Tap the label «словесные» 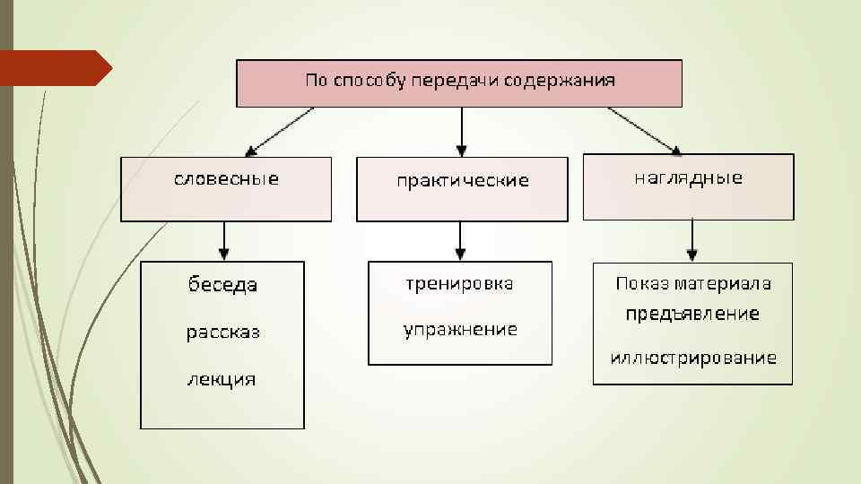pos(226,179)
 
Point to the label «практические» pos(463,181)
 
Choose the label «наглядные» pos(688,177)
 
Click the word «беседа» pos(222,285)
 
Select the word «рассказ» pos(222,333)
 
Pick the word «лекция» pos(221,379)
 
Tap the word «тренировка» pos(459,284)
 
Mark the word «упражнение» pos(460,330)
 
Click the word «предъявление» pos(692,314)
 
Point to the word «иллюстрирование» pos(693,359)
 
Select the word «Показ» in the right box pos(640,284)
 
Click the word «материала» pos(726,284)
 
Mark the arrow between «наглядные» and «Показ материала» pos(692,240)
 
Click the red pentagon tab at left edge pos(54,68)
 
